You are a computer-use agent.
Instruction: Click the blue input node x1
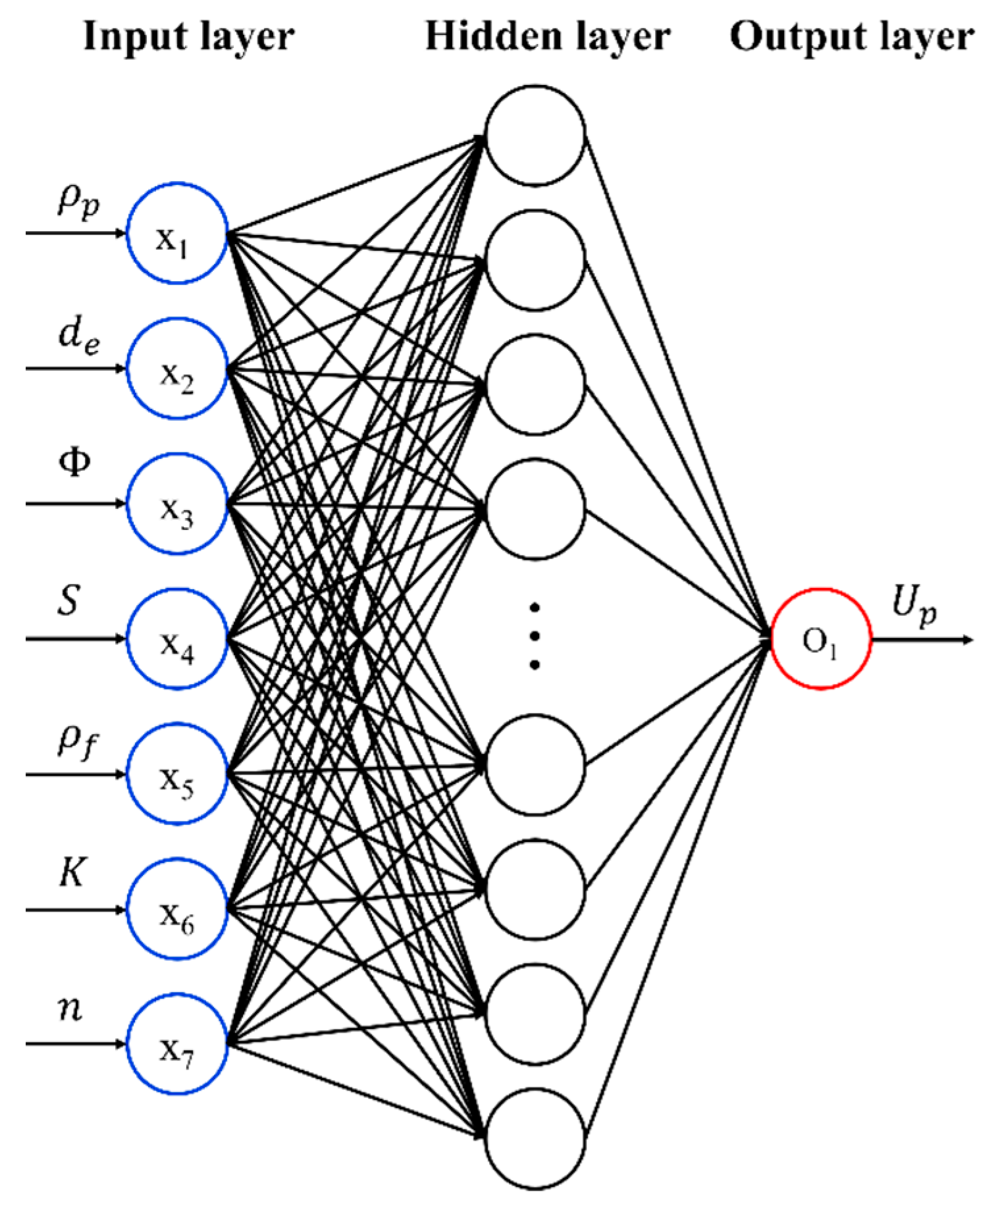tap(177, 234)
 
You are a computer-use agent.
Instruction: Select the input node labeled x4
tap(177, 639)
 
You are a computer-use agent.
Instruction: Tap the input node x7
tap(177, 1044)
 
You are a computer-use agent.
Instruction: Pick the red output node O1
tap(821, 639)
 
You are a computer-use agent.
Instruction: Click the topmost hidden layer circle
tap(535, 135)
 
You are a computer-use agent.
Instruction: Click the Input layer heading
tap(189, 37)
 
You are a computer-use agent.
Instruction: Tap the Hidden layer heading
tap(548, 37)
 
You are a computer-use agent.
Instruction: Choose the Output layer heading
tap(852, 37)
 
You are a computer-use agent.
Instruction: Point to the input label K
tap(72, 874)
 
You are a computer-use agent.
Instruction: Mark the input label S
tap(69, 601)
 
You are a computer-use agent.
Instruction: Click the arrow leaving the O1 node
tap(922, 639)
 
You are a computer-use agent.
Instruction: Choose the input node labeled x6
tap(177, 910)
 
